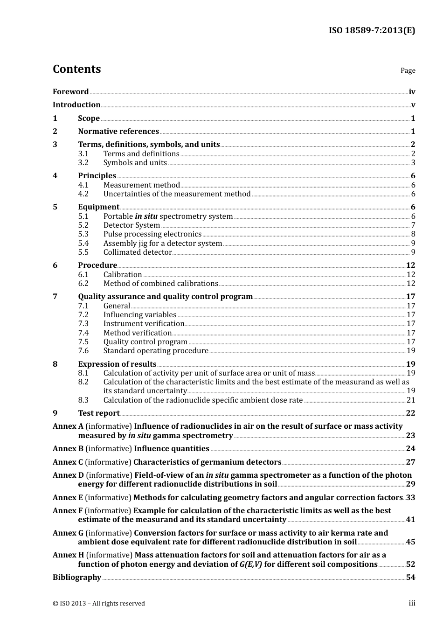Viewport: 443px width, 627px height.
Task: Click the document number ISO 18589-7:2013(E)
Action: [x=372, y=31]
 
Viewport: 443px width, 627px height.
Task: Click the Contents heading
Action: [x=77, y=69]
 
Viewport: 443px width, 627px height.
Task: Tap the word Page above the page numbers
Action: [x=408, y=70]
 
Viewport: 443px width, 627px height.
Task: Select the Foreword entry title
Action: [x=70, y=92]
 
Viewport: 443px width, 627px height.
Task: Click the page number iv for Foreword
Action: [x=412, y=92]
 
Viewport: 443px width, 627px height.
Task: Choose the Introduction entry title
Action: [x=76, y=105]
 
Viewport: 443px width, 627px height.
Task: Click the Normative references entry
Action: [x=118, y=132]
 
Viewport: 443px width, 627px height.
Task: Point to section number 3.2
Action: [x=83, y=163]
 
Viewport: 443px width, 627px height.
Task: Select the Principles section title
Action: [x=97, y=176]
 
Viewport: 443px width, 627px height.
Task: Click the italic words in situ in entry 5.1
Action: [x=146, y=216]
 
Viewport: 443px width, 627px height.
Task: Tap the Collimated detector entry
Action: [x=138, y=252]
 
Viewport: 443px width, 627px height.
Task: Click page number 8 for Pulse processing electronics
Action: [x=413, y=234]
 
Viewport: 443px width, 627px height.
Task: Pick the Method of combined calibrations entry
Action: [x=160, y=284]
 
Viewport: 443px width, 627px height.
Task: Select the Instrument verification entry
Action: [x=144, y=324]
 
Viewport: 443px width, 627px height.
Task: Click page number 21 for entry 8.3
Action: [x=411, y=400]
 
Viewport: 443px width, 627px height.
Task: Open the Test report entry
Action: [x=99, y=413]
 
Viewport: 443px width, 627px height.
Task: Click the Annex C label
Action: [x=68, y=462]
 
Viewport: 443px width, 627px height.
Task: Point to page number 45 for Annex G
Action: [x=411, y=542]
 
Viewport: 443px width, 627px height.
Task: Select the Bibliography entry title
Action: [x=77, y=578]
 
